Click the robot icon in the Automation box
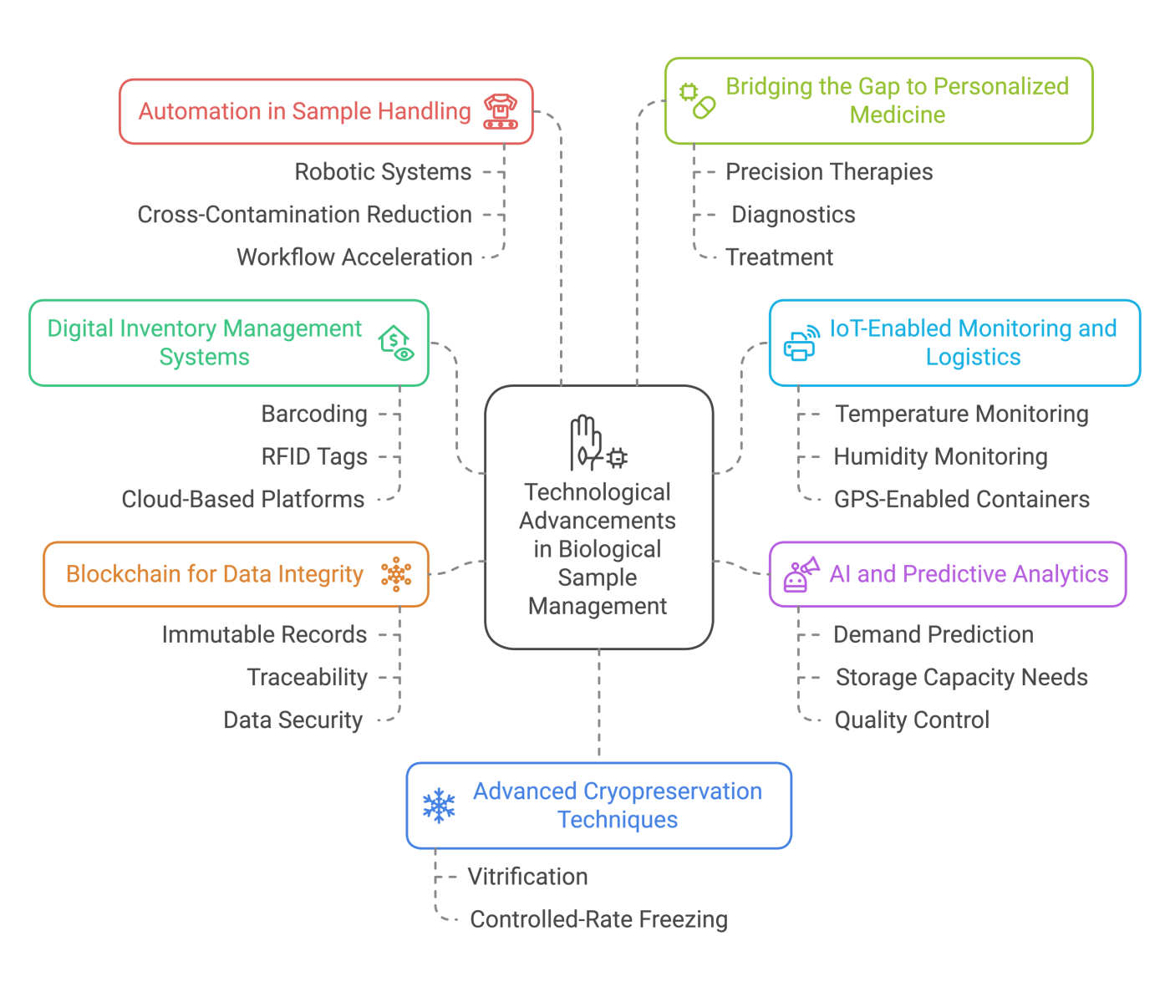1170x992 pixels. point(501,111)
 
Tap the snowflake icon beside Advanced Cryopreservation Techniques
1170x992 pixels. point(439,806)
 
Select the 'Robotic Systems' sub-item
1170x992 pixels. point(383,172)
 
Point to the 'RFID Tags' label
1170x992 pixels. point(314,457)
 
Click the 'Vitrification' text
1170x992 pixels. point(527,877)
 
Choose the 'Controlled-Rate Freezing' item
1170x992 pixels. point(598,919)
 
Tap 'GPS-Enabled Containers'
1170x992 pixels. point(961,500)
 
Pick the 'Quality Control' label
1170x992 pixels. point(912,720)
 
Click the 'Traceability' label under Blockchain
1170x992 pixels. point(307,678)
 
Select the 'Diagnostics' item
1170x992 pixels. point(793,215)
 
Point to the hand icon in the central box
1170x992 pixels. point(586,442)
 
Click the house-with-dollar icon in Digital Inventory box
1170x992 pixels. point(395,343)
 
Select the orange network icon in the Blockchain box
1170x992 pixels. point(396,574)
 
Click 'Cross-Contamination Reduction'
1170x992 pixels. point(304,215)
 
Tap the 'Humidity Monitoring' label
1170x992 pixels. point(940,457)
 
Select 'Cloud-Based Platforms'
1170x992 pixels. point(242,500)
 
